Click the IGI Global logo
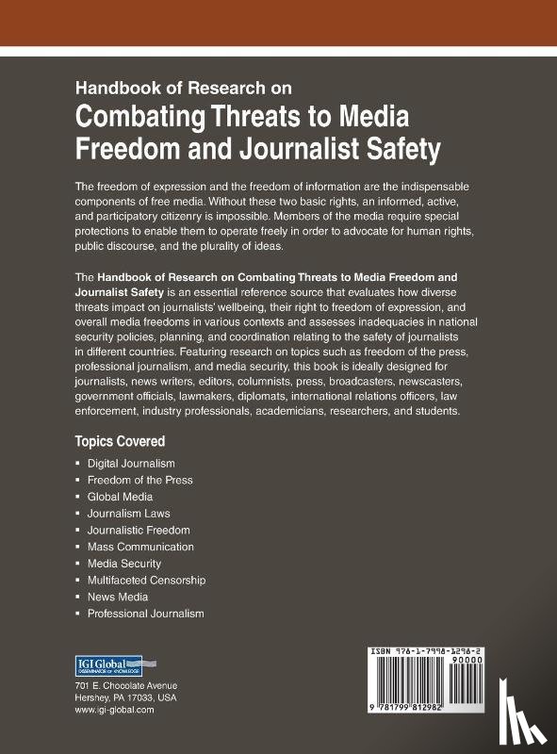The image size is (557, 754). pyautogui.click(x=107, y=664)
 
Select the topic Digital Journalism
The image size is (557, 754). pyautogui.click(x=131, y=464)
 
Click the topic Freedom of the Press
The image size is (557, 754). pyautogui.click(x=139, y=480)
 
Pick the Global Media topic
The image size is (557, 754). pyautogui.click(x=120, y=497)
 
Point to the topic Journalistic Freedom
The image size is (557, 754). pyautogui.click(x=139, y=530)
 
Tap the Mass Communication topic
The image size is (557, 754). pyautogui.click(x=140, y=547)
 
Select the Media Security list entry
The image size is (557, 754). pyautogui.click(x=124, y=564)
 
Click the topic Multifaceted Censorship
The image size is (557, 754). pyautogui.click(x=146, y=581)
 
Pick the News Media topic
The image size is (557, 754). pyautogui.click(x=118, y=597)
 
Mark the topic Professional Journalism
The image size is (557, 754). pyautogui.click(x=145, y=614)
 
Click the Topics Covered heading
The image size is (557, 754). pyautogui.click(x=120, y=441)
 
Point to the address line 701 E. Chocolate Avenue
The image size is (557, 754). pyautogui.click(x=125, y=685)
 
